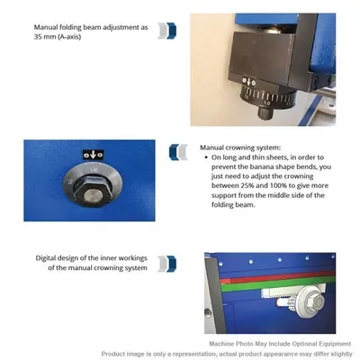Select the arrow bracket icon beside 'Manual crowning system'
[x=182, y=149]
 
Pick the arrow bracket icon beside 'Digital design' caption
[x=165, y=263]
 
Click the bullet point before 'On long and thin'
[x=208, y=157]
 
